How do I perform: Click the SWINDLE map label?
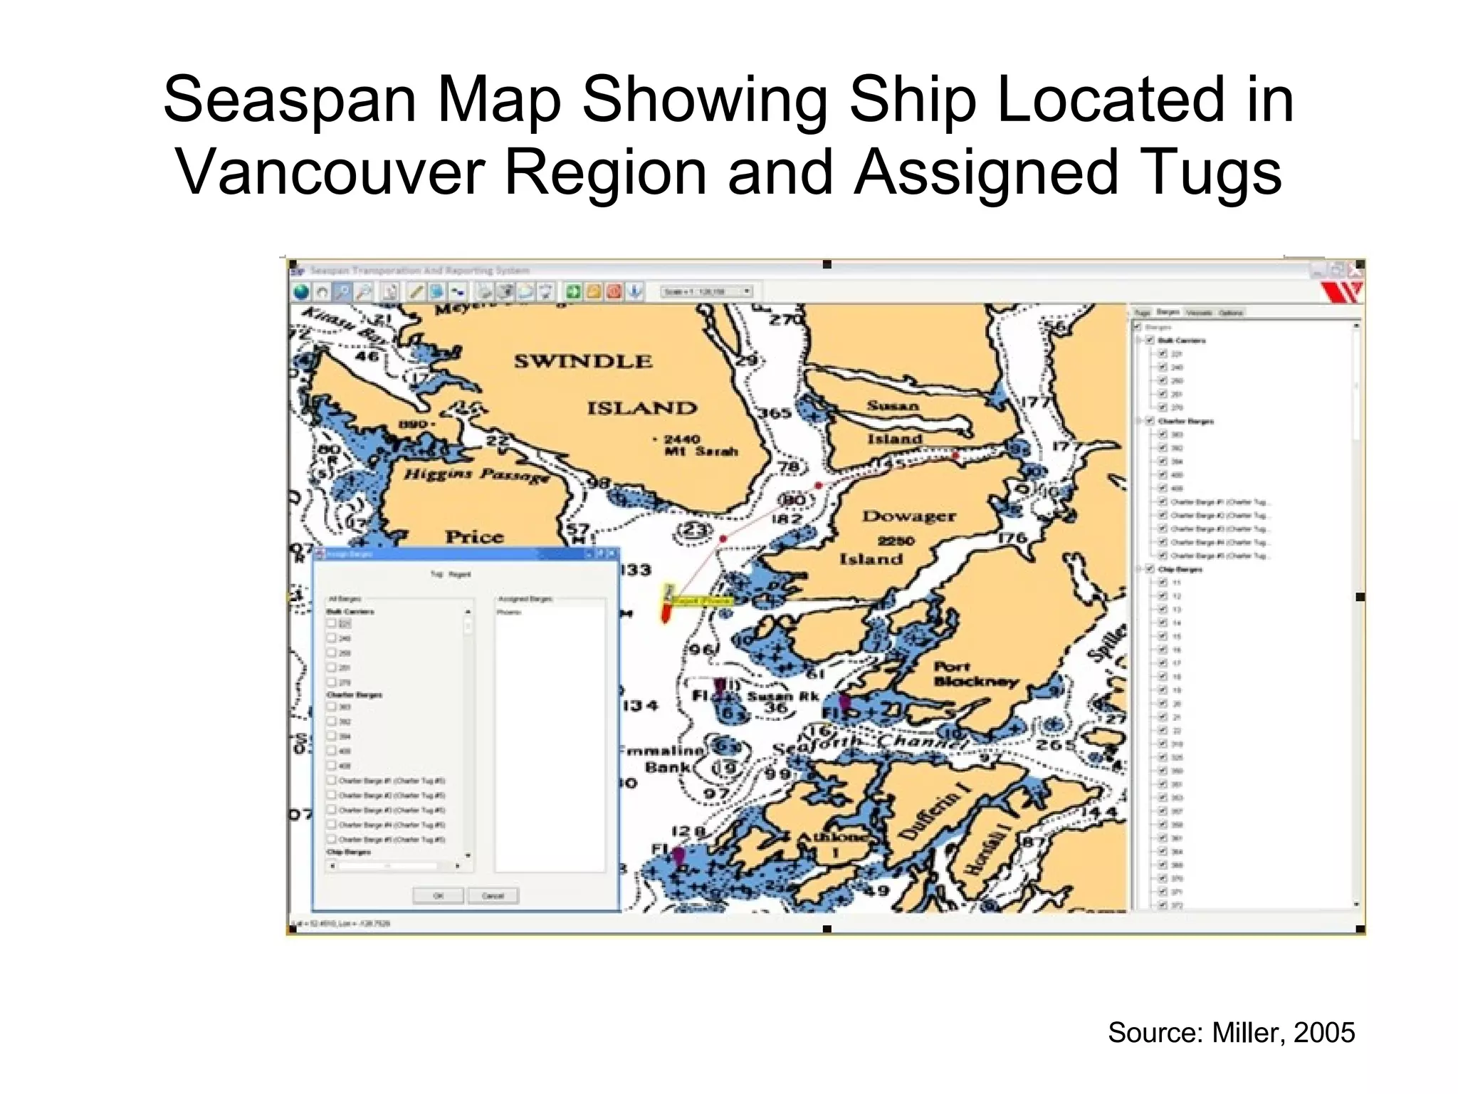[583, 361]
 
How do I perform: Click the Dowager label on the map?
[908, 516]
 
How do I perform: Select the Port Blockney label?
[975, 674]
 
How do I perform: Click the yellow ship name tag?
[701, 601]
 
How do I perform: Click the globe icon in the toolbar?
[302, 291]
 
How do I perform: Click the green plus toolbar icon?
[573, 291]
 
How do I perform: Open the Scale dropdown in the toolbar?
[747, 291]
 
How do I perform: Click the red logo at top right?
[1341, 291]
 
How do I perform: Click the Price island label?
[474, 536]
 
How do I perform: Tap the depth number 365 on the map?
[774, 412]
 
